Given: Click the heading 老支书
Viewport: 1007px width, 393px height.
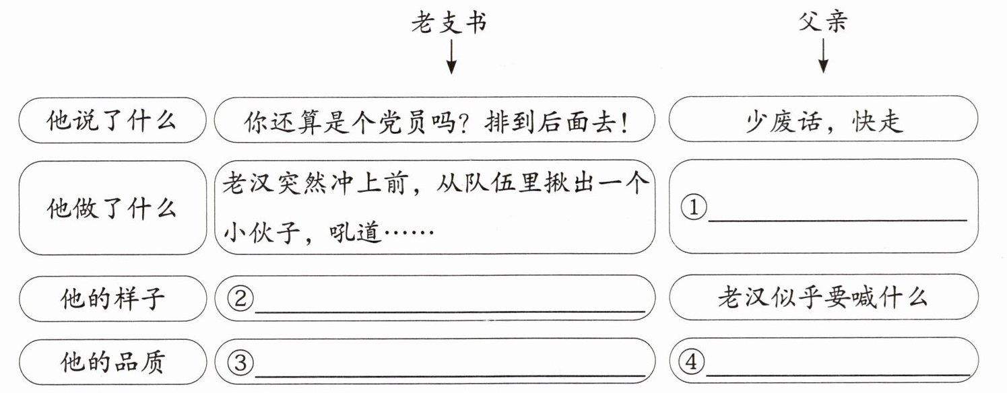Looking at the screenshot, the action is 449,23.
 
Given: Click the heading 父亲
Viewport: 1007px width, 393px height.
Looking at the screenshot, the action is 822,22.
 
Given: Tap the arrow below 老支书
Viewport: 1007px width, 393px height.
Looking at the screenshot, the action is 451,57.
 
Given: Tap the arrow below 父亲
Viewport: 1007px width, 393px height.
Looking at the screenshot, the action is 823,56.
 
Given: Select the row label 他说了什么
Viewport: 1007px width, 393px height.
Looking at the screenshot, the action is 111,121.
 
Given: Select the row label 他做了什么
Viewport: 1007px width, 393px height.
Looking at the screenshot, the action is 111,209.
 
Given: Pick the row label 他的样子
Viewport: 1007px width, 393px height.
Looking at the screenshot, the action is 112,299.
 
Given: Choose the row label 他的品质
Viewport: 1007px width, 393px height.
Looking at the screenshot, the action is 112,362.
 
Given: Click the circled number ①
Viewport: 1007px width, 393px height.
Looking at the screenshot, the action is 694,207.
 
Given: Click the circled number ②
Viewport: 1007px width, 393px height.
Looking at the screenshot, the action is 240,299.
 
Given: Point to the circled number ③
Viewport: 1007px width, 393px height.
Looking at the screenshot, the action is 240,363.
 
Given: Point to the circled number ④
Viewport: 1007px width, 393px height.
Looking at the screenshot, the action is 691,361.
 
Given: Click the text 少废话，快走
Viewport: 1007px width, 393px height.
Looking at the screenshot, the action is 824,121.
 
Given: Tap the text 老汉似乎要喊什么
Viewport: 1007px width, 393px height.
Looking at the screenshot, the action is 822,297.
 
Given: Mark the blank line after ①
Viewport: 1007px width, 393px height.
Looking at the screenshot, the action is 838,220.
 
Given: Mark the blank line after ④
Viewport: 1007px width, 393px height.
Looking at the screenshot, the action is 837,374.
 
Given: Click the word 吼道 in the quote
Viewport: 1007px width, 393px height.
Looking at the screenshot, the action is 355,232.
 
